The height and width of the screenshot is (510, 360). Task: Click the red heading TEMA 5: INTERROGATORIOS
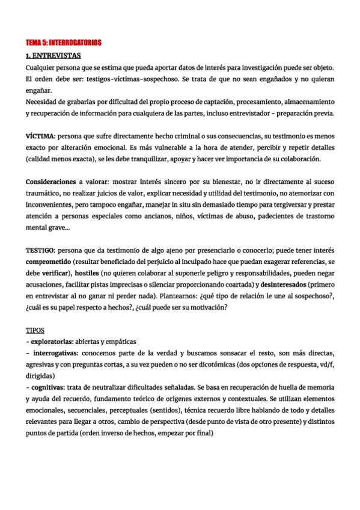tap(63, 43)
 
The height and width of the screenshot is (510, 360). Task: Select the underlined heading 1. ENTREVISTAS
tap(53, 55)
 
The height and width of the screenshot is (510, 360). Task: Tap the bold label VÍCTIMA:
tap(41, 137)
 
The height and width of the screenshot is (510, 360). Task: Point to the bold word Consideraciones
tap(50, 182)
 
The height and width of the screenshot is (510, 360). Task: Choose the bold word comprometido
tap(52, 261)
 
